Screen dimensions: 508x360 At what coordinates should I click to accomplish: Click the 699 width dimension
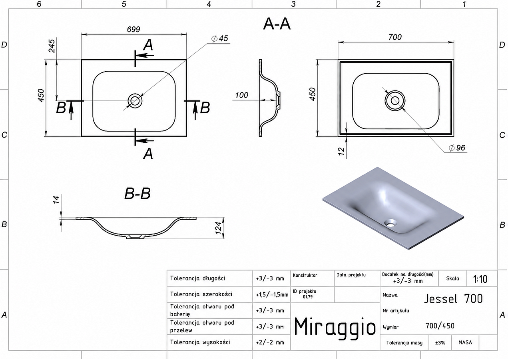coord(133,29)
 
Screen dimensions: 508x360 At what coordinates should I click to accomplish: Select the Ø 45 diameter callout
coord(219,38)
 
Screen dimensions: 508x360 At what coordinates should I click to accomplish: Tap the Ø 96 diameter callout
coord(457,148)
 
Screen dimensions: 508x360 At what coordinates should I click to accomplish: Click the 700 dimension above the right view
coord(395,37)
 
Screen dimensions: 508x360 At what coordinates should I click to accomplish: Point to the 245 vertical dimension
coord(52,46)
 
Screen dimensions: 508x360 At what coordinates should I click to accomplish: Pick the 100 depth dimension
coord(241,95)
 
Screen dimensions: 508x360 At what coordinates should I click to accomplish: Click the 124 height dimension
coord(218,228)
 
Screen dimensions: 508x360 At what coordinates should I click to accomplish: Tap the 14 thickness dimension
coord(56,200)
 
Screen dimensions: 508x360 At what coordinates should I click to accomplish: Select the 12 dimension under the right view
coord(341,151)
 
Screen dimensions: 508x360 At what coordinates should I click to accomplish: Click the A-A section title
coord(277,24)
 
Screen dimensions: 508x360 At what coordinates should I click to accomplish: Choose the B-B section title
coord(137,194)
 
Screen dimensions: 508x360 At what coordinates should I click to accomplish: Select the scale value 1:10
coord(480,279)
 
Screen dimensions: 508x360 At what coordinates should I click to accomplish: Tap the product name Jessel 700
coord(453,299)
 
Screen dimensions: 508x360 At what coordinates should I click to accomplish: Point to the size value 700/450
coord(440,326)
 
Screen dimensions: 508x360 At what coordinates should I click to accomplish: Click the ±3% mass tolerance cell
coord(440,343)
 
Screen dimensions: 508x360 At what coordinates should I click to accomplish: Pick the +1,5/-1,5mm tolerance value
coord(272,295)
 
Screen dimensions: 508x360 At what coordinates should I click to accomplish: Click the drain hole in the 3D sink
coord(390,223)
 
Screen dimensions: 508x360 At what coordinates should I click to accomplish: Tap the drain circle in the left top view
coord(135,101)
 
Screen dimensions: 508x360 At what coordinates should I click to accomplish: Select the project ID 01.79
coord(307,297)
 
